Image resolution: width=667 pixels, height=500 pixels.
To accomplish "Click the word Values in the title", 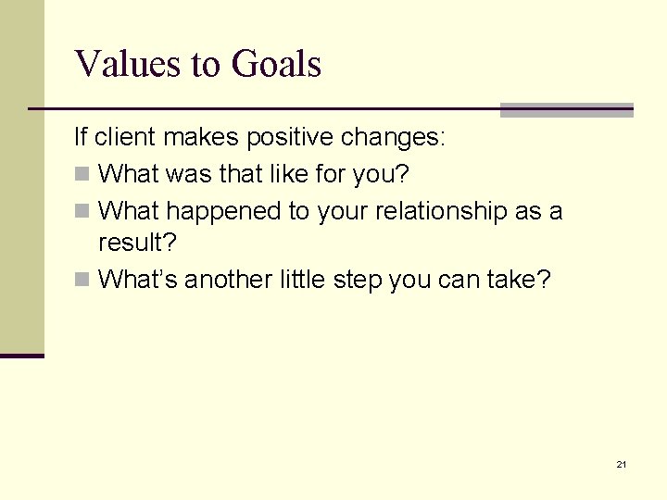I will [x=116, y=65].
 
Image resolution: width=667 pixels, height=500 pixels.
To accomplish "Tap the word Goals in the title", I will [x=276, y=65].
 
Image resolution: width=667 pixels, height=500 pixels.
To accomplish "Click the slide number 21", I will [x=621, y=464].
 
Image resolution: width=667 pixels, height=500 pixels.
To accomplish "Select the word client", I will [x=124, y=139].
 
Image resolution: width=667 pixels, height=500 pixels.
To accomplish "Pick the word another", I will [x=228, y=279].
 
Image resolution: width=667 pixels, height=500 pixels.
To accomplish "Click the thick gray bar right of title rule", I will [x=566, y=110].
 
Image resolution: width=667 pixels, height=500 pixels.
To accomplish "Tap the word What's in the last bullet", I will [x=138, y=279].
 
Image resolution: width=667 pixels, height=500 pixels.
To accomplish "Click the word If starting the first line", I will [x=82, y=139].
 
